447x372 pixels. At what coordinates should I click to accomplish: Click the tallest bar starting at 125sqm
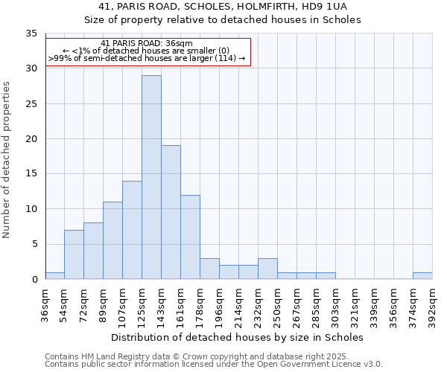pos(151,177)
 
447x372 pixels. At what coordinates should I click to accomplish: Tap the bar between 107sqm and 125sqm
pos(132,230)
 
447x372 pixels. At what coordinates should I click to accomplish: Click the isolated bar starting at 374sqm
pos(422,276)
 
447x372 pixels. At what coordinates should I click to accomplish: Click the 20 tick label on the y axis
pos(31,139)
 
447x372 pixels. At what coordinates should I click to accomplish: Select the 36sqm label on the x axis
pos(45,304)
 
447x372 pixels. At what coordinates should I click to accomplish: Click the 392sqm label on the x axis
pos(432,304)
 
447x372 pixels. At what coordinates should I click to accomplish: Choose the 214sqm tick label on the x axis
pos(239,304)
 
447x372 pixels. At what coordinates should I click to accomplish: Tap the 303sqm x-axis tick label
pos(336,304)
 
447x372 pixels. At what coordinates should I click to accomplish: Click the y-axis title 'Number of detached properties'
pos(7,160)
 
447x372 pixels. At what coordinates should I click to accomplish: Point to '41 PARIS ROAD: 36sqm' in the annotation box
pos(147,43)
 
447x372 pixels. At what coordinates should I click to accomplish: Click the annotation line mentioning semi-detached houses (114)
pos(147,58)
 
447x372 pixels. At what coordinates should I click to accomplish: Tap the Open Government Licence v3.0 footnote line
pos(213,365)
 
